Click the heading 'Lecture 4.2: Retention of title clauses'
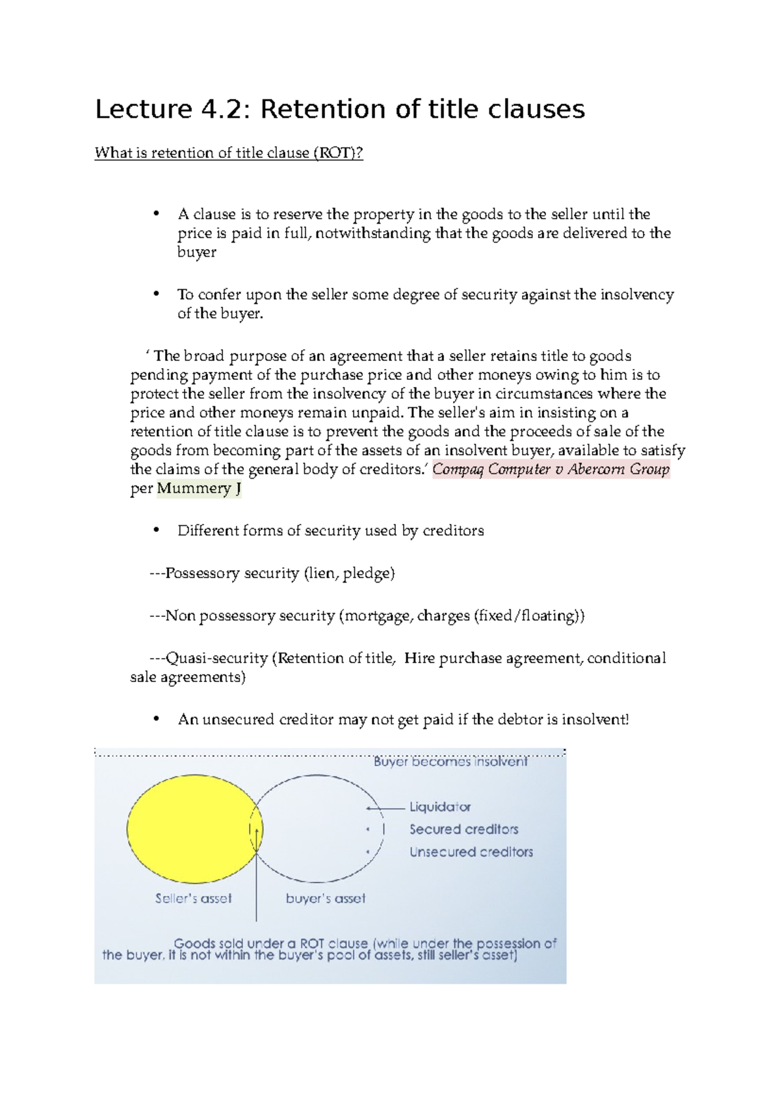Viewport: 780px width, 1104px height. pyautogui.click(x=340, y=109)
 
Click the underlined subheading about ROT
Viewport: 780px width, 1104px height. pyautogui.click(x=229, y=153)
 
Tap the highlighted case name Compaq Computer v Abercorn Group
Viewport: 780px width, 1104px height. pyautogui.click(x=551, y=469)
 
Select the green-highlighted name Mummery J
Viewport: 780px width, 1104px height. pyautogui.click(x=198, y=488)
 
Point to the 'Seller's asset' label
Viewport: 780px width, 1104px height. pyautogui.click(x=193, y=899)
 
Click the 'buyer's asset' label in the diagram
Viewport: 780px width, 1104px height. pyautogui.click(x=326, y=899)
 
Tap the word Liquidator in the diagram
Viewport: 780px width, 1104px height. pyautogui.click(x=440, y=807)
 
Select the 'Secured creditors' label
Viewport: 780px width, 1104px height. pyautogui.click(x=463, y=830)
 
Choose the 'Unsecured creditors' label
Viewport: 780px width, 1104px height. pyautogui.click(x=471, y=852)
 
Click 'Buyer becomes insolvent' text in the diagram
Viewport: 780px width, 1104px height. pyautogui.click(x=450, y=761)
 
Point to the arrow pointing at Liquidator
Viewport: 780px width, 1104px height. pyautogui.click(x=385, y=808)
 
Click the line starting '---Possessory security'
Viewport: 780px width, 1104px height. pyautogui.click(x=272, y=573)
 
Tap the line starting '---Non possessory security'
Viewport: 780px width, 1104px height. pyautogui.click(x=367, y=616)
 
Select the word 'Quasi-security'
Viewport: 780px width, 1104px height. pyautogui.click(x=216, y=658)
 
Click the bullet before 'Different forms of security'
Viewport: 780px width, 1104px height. pyautogui.click(x=155, y=531)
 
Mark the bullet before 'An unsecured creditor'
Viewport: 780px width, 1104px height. pyautogui.click(x=155, y=720)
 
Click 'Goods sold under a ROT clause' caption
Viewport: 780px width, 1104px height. pyautogui.click(x=270, y=943)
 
